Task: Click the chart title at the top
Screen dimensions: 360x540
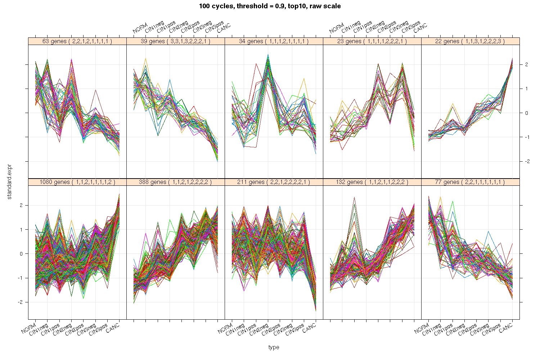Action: (x=270, y=6)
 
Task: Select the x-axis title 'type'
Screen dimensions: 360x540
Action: (x=274, y=347)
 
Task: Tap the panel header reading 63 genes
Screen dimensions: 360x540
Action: (x=77, y=41)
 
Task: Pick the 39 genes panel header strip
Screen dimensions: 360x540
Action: (x=175, y=41)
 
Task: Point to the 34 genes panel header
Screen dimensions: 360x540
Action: (x=274, y=41)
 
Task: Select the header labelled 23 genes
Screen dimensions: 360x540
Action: (x=372, y=41)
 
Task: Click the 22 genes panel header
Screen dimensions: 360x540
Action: (x=470, y=41)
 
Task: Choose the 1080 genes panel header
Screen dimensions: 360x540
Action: (x=77, y=182)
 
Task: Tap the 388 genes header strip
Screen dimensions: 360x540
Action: (x=175, y=182)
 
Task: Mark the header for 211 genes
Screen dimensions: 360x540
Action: (x=274, y=182)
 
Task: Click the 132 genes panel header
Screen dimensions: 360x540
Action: (x=372, y=182)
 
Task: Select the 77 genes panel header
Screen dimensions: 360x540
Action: (x=470, y=182)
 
